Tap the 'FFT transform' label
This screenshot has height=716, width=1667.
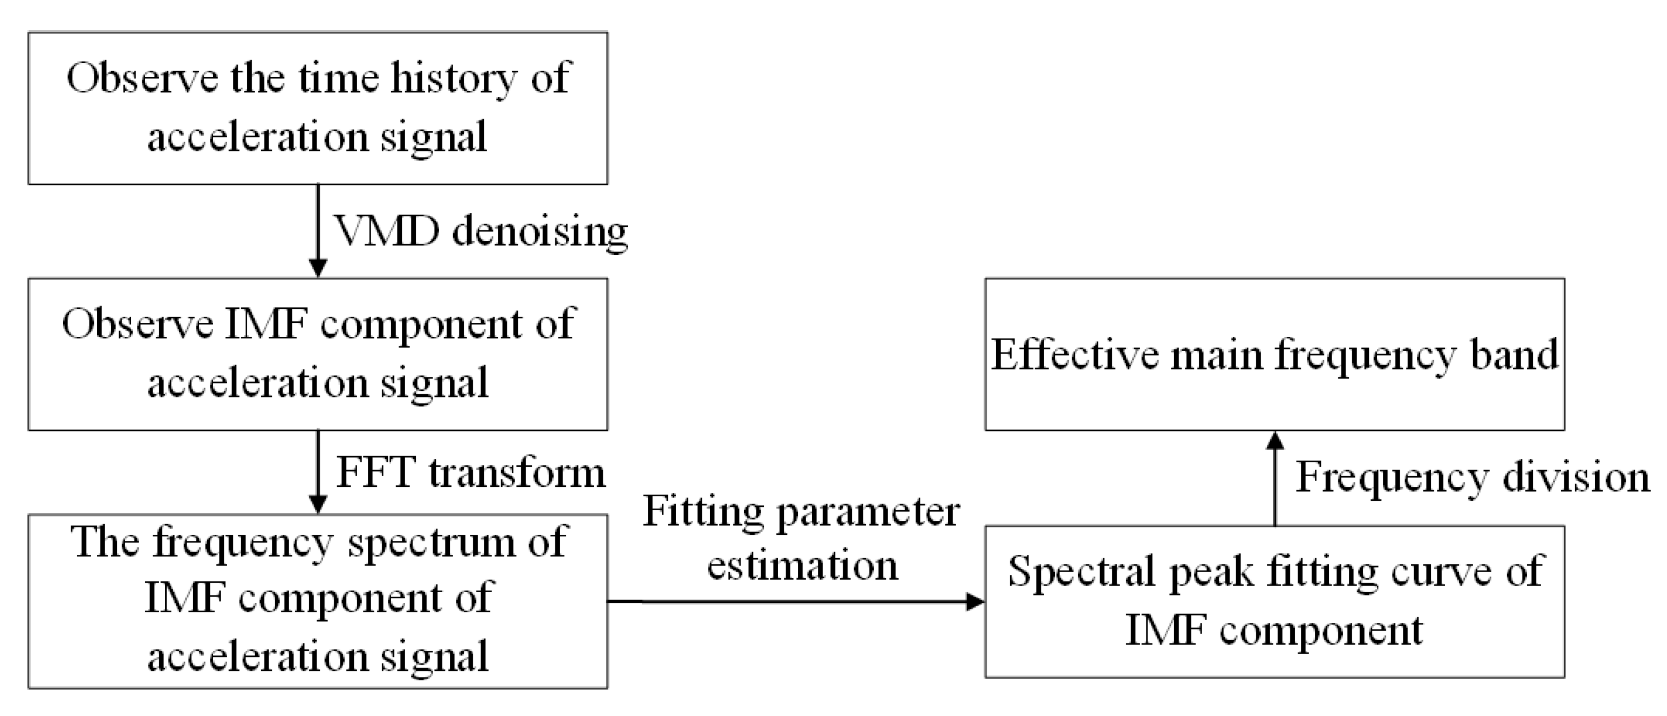coord(470,473)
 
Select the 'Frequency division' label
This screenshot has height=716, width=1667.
coord(1472,478)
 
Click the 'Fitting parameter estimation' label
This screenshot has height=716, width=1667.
coord(801,538)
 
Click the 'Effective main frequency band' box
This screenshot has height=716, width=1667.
coord(1274,355)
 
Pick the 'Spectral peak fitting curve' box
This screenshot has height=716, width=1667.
coord(1274,602)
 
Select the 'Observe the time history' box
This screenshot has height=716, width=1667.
coord(318,108)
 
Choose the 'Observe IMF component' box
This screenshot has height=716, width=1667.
coord(318,355)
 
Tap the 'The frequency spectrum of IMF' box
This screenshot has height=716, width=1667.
coord(318,602)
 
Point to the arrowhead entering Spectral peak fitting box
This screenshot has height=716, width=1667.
coord(974,602)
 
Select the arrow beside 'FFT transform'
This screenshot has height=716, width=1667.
coord(318,473)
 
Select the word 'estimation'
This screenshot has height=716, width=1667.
coord(803,566)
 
